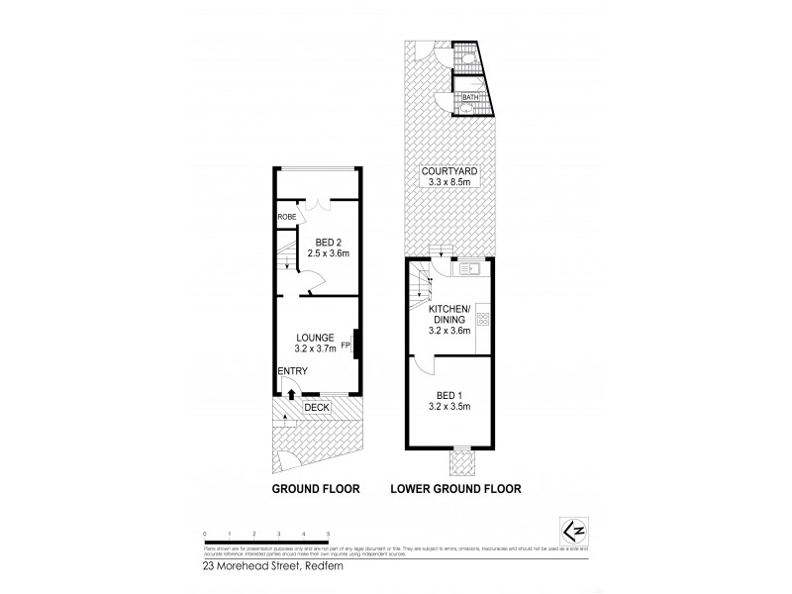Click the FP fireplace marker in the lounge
point(346,346)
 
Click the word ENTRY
point(292,371)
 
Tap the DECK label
point(317,407)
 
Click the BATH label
point(470,97)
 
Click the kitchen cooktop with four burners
point(483,319)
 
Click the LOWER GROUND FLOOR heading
point(455,489)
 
